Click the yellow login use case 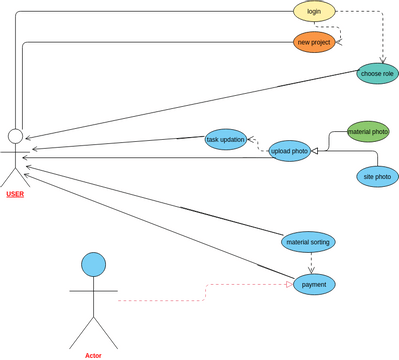314,11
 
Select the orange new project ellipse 314,42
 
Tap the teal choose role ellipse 377,73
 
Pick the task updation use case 225,139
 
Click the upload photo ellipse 289,150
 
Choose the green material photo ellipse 367,131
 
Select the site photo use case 377,177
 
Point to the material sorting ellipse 309,241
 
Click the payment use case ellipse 314,284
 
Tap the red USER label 15,194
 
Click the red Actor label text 93,355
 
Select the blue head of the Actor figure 93,264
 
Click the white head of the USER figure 15,136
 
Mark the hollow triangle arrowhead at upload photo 314,150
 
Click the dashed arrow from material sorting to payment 311,262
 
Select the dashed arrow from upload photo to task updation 258,144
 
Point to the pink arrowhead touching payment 289,285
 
